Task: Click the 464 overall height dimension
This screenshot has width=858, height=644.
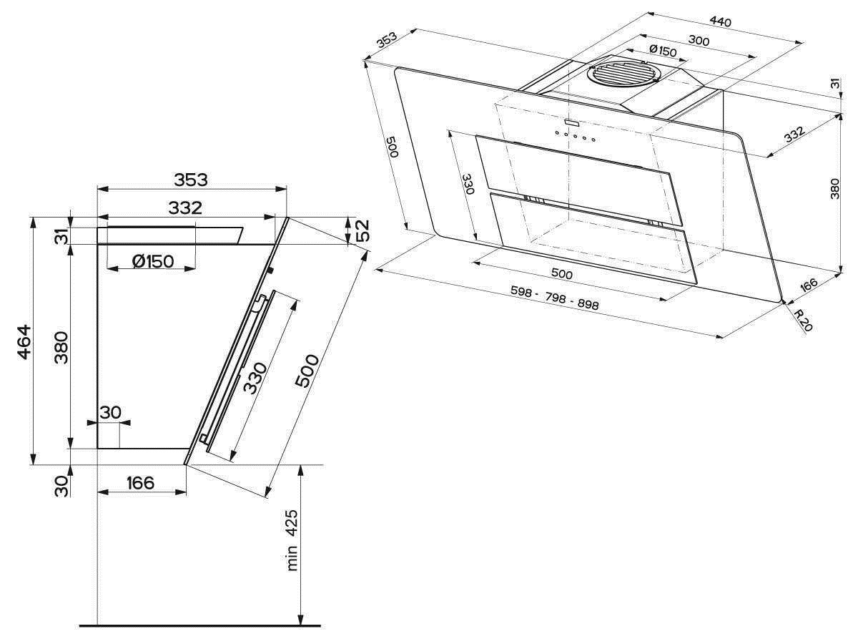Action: tap(24, 342)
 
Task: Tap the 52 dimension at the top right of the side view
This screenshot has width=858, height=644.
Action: tap(363, 230)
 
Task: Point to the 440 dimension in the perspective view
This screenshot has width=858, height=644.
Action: tap(721, 21)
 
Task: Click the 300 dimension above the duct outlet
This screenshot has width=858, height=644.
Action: tap(699, 40)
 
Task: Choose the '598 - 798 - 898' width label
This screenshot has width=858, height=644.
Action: tap(555, 298)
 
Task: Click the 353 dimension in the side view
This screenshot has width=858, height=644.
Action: tap(191, 180)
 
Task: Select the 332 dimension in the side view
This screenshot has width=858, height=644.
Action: tap(185, 208)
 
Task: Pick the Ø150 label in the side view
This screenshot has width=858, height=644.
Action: tap(153, 261)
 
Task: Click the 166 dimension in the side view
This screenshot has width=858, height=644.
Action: tap(141, 483)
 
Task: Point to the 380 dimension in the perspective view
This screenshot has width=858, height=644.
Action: tap(834, 188)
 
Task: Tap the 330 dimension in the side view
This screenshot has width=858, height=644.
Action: tap(255, 378)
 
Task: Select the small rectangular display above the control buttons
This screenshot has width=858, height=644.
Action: tap(571, 123)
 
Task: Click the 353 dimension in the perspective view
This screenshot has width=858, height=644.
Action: tap(386, 40)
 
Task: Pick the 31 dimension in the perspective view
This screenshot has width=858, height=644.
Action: tap(834, 84)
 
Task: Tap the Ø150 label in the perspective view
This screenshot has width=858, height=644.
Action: tap(663, 51)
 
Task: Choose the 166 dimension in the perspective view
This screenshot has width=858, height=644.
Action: tap(808, 284)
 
